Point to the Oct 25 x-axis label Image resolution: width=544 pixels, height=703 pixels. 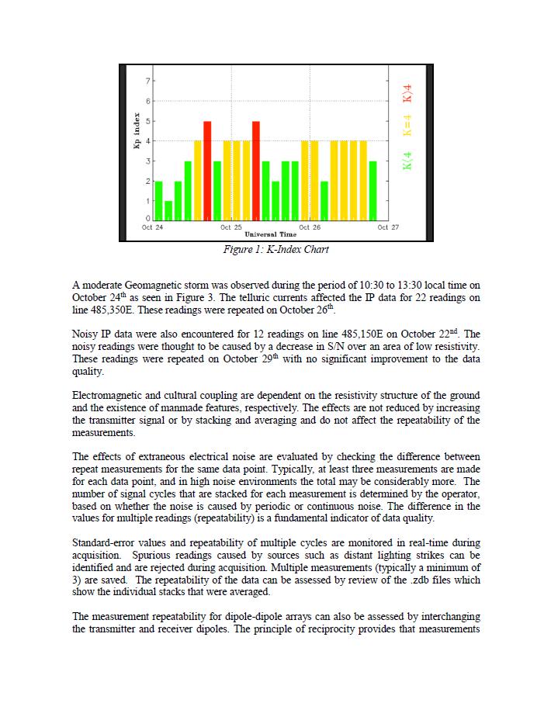tap(231, 227)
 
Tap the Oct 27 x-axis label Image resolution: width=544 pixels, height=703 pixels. tap(388, 227)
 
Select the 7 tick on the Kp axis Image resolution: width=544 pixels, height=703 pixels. tap(148, 81)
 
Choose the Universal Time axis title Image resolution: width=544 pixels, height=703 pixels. tap(270, 234)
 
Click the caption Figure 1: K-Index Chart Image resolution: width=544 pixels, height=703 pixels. tap(275, 250)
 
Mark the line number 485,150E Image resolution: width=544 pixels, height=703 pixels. tap(344, 334)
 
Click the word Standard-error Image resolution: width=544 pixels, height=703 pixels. tap(104, 543)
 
